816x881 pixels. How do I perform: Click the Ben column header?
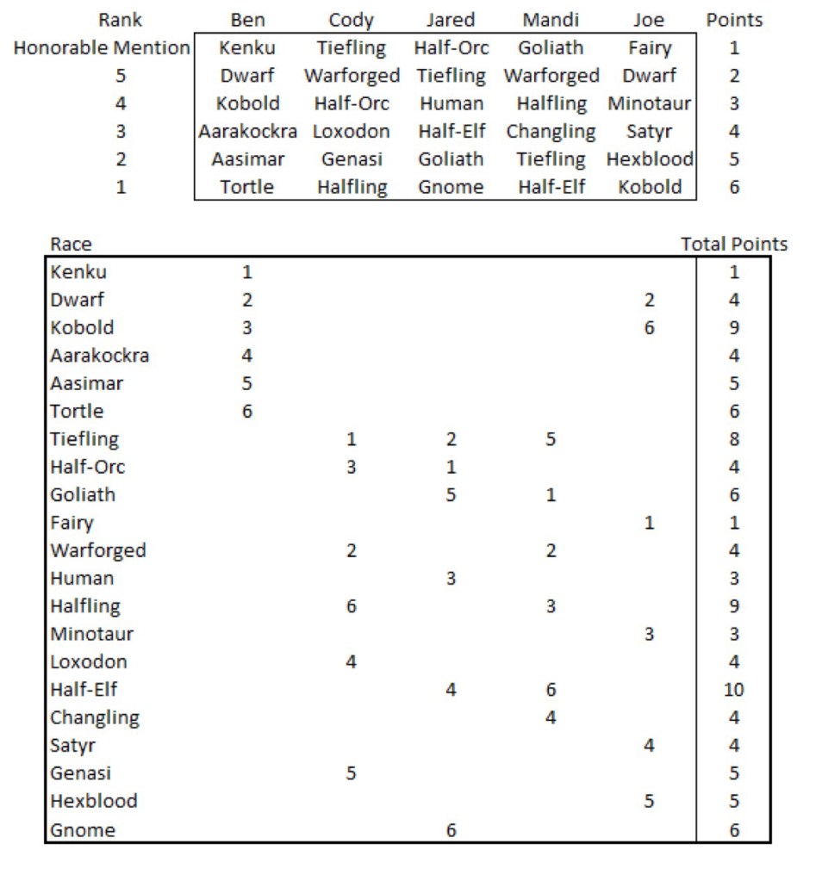click(x=248, y=20)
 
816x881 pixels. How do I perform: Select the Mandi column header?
click(x=551, y=20)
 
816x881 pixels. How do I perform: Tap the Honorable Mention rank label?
click(x=102, y=48)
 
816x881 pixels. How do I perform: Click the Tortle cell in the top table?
click(x=248, y=187)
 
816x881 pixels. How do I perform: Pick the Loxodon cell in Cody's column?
click(x=351, y=132)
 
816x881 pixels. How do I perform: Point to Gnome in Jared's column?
click(x=451, y=187)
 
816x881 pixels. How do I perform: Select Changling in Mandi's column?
click(x=551, y=132)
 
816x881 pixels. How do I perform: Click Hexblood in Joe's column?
click(x=650, y=159)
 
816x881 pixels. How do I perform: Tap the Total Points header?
click(x=734, y=245)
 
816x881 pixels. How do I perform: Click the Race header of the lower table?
click(x=71, y=245)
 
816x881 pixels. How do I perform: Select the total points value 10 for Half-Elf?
click(x=734, y=690)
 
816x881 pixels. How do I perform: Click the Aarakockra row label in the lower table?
click(x=99, y=356)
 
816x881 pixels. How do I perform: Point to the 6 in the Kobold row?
click(x=649, y=328)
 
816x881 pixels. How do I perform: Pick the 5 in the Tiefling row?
click(x=551, y=439)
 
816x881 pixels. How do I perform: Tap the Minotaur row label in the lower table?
click(x=91, y=635)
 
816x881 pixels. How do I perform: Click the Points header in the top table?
click(x=734, y=20)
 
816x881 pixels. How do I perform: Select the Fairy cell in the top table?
click(x=650, y=48)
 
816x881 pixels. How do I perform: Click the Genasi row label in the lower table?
click(x=80, y=773)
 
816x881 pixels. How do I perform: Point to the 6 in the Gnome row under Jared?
click(x=451, y=829)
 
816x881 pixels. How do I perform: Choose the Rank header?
click(x=121, y=20)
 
